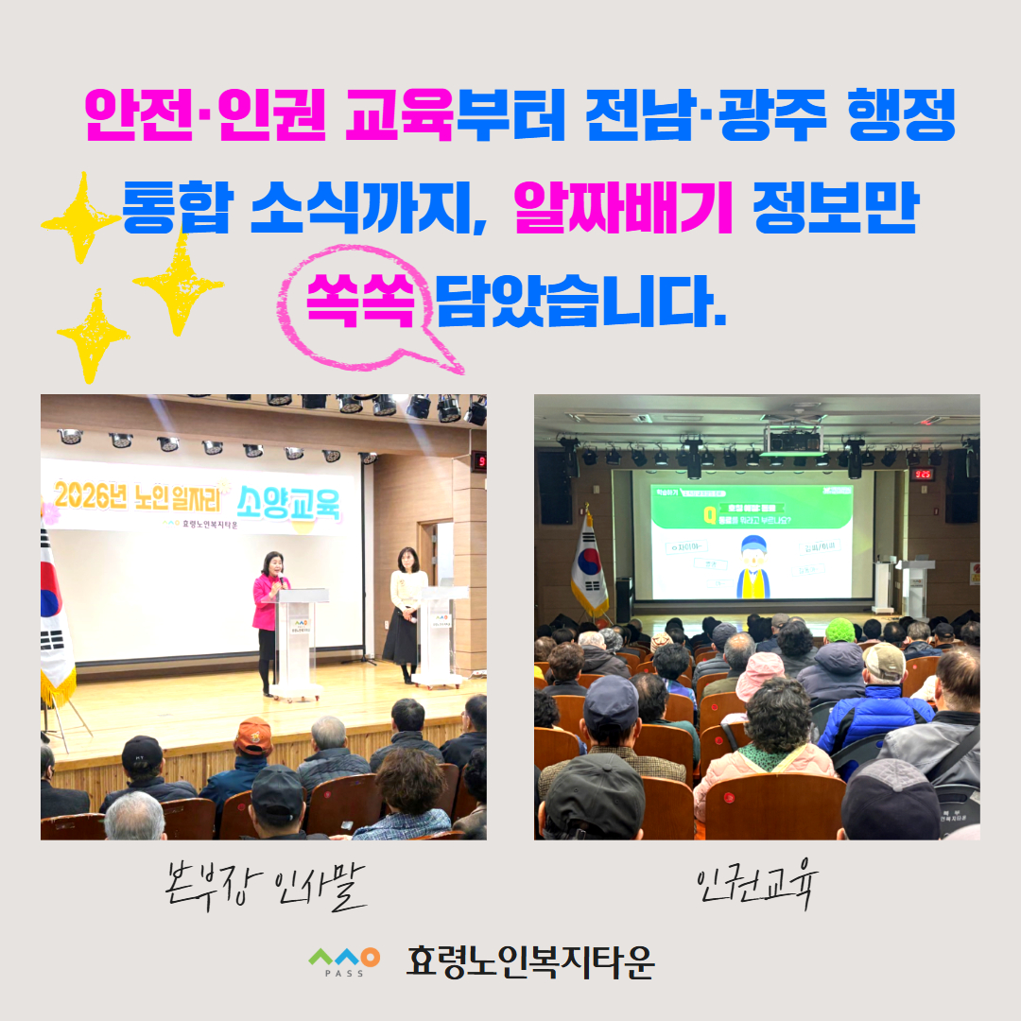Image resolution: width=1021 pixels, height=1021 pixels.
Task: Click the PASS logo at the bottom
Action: click(344, 961)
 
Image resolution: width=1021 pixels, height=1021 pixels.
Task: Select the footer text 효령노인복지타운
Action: click(529, 961)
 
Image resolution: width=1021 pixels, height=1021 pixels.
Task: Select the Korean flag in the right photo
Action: click(589, 567)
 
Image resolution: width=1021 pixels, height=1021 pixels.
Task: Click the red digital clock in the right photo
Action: click(922, 474)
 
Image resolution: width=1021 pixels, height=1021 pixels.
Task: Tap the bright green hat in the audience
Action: click(839, 630)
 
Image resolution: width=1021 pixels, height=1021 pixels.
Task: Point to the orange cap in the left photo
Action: click(253, 735)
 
